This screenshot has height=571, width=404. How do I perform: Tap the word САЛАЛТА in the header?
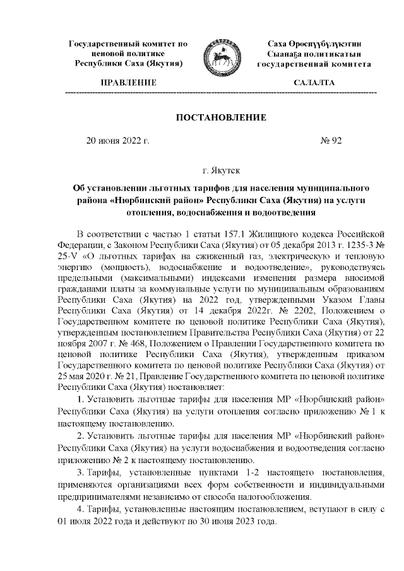[x=314, y=83]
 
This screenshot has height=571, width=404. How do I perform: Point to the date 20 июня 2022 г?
[x=117, y=141]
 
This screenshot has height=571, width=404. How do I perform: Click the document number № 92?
[x=331, y=141]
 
